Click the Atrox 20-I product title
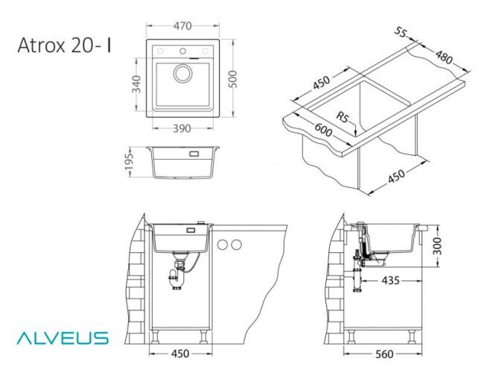click(64, 46)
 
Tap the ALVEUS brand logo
click(63, 338)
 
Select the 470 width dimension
click(182, 26)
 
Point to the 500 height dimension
click(234, 79)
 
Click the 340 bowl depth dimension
click(136, 84)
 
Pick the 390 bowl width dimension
click(182, 128)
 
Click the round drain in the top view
click(182, 74)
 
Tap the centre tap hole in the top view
click(182, 51)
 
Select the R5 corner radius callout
click(342, 117)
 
